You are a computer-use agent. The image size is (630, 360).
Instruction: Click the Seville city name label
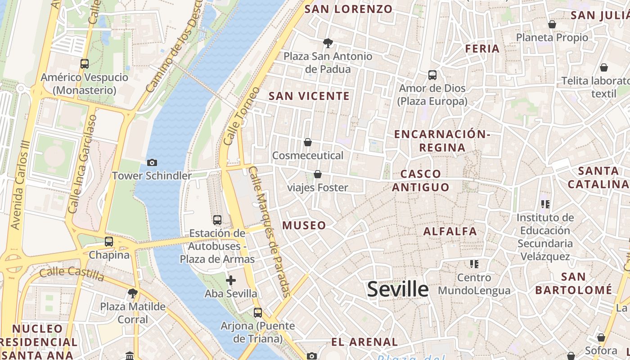pos(398,289)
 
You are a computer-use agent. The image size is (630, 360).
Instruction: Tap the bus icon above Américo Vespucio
pos(85,64)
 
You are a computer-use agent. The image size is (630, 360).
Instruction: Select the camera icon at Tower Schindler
pos(152,162)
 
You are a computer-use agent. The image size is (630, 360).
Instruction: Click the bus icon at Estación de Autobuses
pos(217,220)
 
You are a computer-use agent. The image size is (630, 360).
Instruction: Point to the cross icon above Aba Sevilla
pos(231,281)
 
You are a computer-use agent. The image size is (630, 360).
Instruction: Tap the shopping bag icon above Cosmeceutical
pos(308,142)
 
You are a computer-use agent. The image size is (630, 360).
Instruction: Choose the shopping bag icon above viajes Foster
pos(318,174)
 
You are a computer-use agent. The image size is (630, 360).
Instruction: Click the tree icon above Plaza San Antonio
pos(328,43)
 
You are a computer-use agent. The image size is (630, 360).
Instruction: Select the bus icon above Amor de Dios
pos(432,75)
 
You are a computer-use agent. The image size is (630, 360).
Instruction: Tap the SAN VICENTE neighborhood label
pos(309,96)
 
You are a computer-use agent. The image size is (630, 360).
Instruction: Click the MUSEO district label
pos(304,225)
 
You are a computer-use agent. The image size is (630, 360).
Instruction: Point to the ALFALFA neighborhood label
pos(450,231)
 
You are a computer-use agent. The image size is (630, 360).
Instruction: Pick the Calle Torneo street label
pos(242,116)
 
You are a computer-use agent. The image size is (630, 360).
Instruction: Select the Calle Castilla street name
pos(72,274)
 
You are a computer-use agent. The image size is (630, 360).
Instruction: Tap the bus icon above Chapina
pos(109,242)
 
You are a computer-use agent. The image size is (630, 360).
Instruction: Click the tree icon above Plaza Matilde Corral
pos(133,294)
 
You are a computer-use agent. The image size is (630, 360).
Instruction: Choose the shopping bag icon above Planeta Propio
pos(552,24)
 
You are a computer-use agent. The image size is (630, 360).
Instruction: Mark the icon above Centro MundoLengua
pos(474,264)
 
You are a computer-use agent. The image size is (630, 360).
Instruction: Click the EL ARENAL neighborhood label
pos(364,342)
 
